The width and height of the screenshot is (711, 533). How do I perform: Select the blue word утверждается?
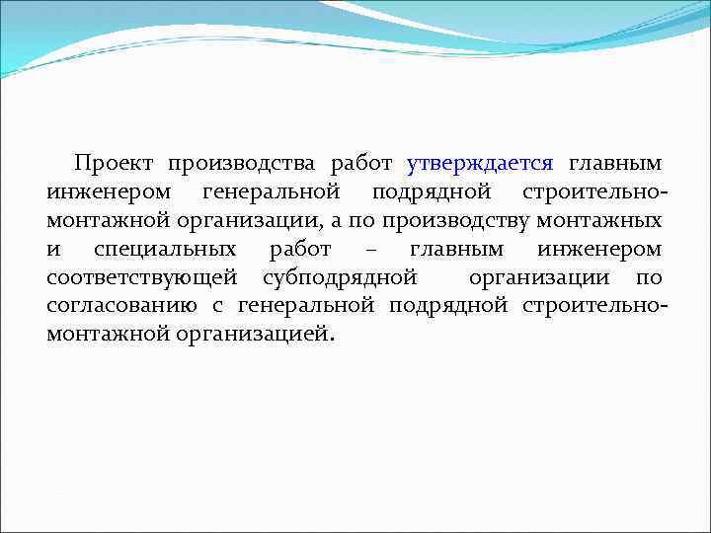[480, 163]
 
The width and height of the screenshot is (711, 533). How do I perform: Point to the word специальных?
[165, 250]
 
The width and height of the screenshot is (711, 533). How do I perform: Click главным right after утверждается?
[614, 163]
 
